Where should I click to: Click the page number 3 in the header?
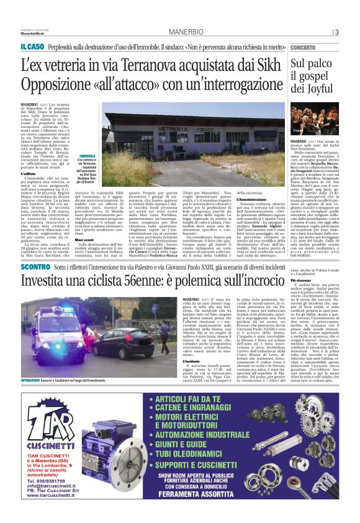tap(336, 32)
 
